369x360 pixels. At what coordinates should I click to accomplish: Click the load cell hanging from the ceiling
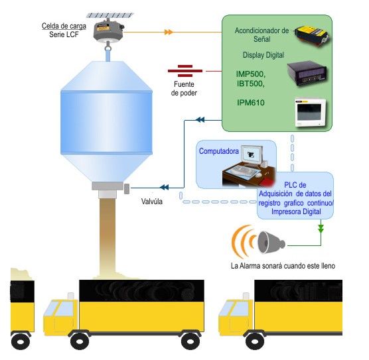[x=108, y=32]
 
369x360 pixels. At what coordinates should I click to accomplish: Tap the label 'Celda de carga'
[x=64, y=26]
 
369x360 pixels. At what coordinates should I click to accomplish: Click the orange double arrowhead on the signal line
[x=169, y=32]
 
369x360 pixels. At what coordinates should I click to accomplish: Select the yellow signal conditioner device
[x=312, y=36]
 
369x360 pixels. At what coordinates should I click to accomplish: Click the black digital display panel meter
[x=307, y=74]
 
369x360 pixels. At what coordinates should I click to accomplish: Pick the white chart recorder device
[x=311, y=112]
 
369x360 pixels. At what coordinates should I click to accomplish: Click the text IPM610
[x=251, y=103]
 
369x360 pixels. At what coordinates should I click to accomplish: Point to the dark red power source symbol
[x=185, y=71]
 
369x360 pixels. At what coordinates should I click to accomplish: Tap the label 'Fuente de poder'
[x=184, y=88]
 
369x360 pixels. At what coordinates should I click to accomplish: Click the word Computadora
[x=219, y=151]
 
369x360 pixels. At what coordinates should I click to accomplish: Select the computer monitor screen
[x=252, y=155]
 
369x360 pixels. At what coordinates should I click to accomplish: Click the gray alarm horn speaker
[x=271, y=243]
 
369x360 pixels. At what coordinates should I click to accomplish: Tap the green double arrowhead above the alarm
[x=321, y=229]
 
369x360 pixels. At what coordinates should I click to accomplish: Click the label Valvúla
[x=152, y=202]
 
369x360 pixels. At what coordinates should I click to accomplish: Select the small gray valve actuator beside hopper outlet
[x=127, y=189]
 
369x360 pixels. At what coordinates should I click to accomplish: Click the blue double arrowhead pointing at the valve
[x=165, y=188]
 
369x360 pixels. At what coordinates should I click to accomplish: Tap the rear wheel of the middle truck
[x=190, y=341]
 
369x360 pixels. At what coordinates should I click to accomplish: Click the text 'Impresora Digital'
[x=296, y=211]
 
